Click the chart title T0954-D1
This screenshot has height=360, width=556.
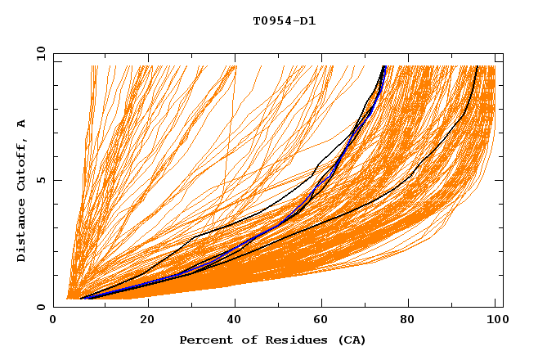285,21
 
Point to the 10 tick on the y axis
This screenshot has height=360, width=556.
40,54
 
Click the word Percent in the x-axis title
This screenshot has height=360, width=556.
204,340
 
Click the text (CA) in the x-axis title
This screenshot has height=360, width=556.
350,340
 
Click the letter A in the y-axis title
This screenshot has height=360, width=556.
22,124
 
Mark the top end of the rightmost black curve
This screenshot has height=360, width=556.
477,66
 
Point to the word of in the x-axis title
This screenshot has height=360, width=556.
243,340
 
